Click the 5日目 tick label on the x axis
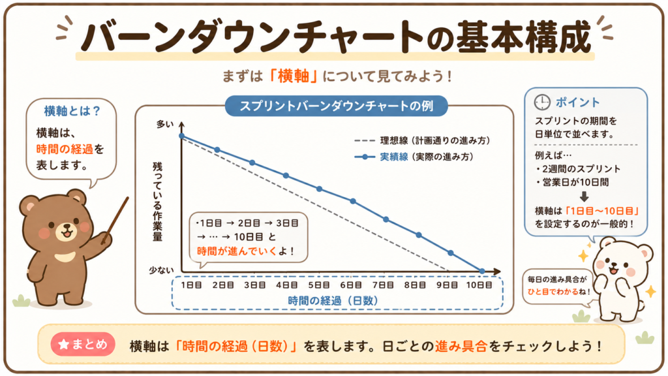pyautogui.click(x=319, y=285)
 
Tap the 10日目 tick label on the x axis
pyautogui.click(x=479, y=285)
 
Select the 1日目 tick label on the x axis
pyautogui.click(x=191, y=285)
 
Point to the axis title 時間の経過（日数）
pyautogui.click(x=333, y=300)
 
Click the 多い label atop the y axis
pyautogui.click(x=165, y=124)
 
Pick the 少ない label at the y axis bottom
pyautogui.click(x=162, y=270)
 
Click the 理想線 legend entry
pyautogui.click(x=422, y=140)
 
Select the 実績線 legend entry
pyautogui.click(x=414, y=157)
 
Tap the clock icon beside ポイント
pyautogui.click(x=542, y=102)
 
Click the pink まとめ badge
pyautogui.click(x=83, y=344)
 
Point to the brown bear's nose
pyautogui.click(x=67, y=228)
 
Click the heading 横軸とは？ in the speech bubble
pyautogui.click(x=72, y=111)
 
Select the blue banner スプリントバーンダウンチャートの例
pyautogui.click(x=336, y=106)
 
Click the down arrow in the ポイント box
pyautogui.click(x=584, y=196)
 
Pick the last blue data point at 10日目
pyautogui.click(x=482, y=271)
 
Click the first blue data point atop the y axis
pyautogui.click(x=182, y=136)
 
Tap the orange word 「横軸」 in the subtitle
pyautogui.click(x=293, y=76)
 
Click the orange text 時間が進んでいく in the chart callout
pyautogui.click(x=237, y=251)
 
